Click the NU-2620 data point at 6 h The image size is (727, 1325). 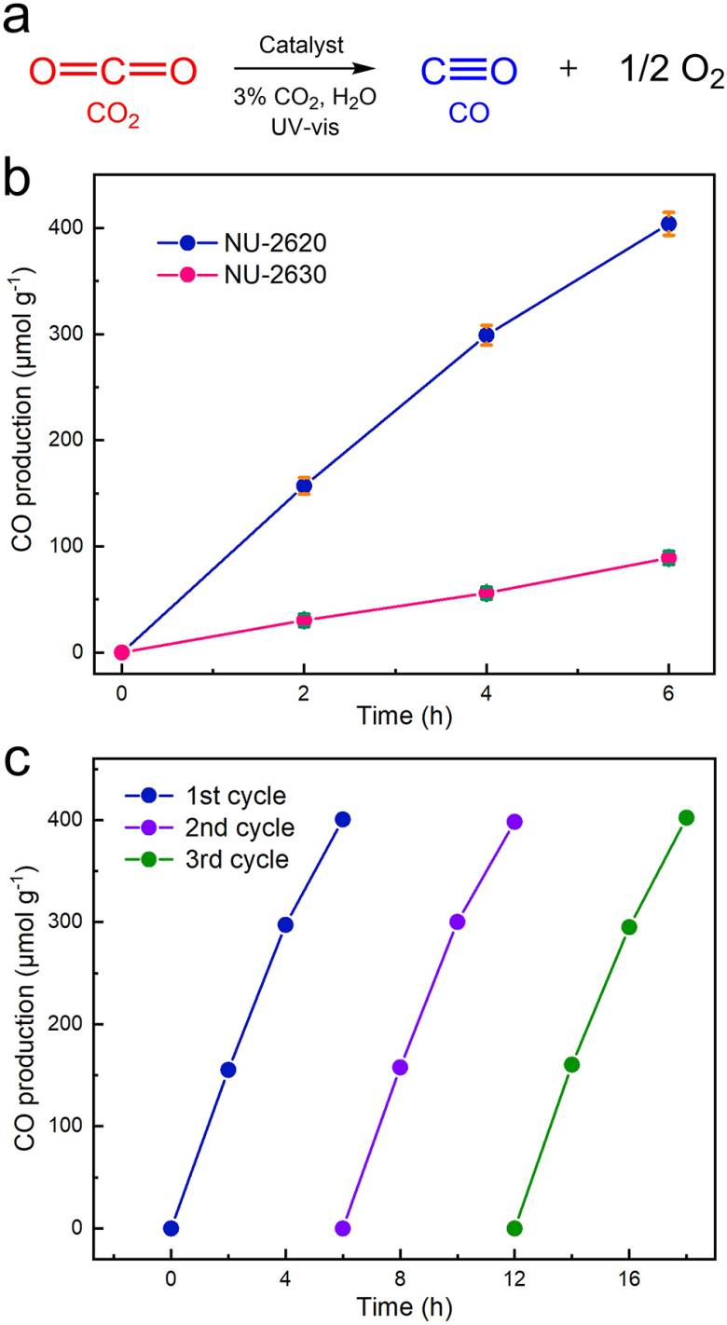(668, 224)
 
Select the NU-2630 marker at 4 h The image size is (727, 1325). (486, 593)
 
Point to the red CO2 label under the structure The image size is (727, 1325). (113, 116)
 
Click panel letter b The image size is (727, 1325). (21, 178)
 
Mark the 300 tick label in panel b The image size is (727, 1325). (78, 334)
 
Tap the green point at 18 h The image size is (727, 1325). (687, 818)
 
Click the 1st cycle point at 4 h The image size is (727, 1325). (285, 924)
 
